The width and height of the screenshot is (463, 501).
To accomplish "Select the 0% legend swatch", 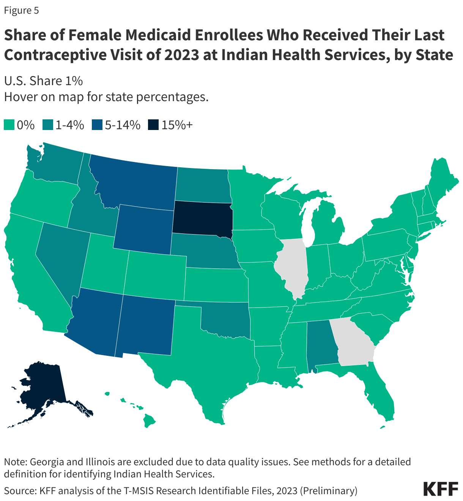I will point(9,125).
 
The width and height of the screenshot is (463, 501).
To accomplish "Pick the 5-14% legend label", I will point(123,125).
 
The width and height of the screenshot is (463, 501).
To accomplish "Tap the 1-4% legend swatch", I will point(48,125).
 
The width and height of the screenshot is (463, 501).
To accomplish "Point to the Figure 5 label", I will point(21,10).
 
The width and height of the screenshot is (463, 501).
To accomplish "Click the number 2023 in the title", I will point(178,55).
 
